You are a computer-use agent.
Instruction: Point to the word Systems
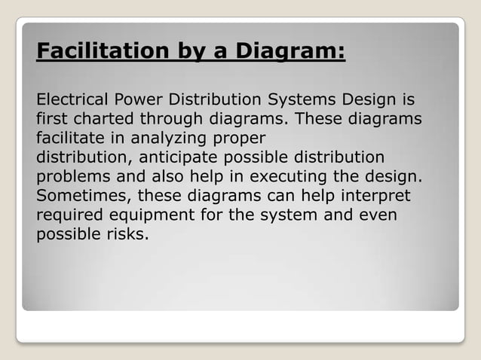coord(302,100)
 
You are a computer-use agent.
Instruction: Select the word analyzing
coord(167,139)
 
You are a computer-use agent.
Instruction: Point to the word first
coord(50,120)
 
